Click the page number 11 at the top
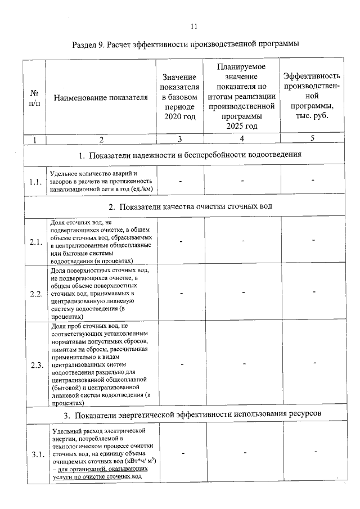(x=193, y=26)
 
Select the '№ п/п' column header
(x=35, y=97)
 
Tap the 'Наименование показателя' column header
(x=101, y=97)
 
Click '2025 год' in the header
(x=241, y=126)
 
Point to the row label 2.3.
(x=36, y=364)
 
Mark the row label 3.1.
(x=36, y=455)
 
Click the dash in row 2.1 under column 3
(x=181, y=242)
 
